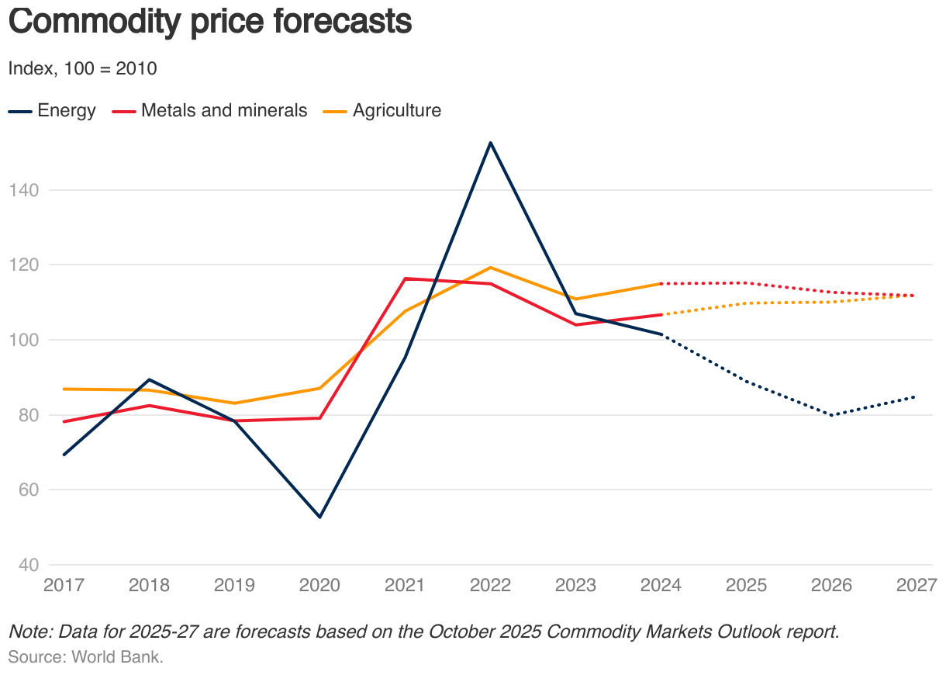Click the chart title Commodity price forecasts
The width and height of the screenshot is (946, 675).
(x=209, y=22)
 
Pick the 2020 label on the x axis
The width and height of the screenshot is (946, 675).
(x=319, y=585)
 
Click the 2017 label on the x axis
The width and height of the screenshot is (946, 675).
(x=64, y=585)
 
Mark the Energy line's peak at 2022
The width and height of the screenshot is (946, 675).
(x=491, y=143)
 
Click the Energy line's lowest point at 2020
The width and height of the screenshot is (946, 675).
(x=319, y=517)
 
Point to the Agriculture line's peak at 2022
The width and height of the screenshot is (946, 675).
(x=491, y=268)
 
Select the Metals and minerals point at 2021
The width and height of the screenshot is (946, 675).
(x=406, y=279)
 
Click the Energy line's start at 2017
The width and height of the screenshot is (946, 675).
(x=64, y=455)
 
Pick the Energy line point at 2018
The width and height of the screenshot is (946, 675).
(x=149, y=379)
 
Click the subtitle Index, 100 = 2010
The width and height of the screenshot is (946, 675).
(x=82, y=69)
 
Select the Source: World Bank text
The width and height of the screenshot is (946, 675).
(x=85, y=657)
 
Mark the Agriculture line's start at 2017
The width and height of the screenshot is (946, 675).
(x=64, y=389)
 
